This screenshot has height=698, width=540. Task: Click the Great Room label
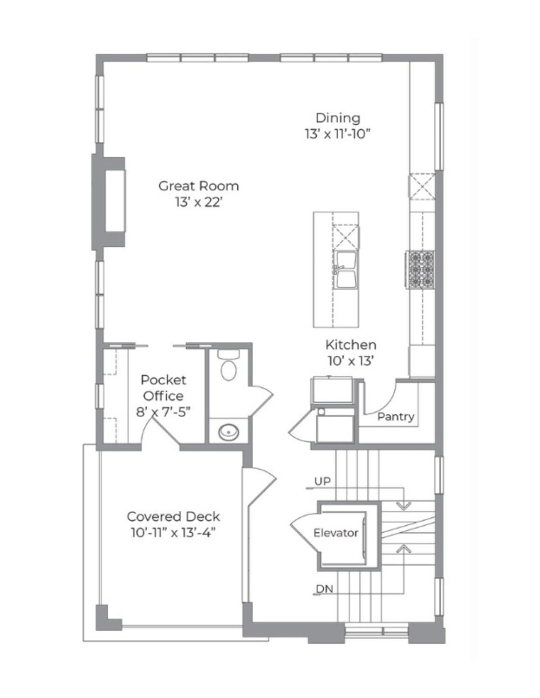(x=198, y=186)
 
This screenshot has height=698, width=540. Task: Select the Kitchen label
(x=351, y=345)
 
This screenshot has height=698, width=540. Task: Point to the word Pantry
(x=396, y=417)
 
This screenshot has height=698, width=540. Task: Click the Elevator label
(x=335, y=533)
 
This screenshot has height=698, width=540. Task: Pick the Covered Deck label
(x=173, y=516)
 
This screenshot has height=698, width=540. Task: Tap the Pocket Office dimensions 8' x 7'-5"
(x=163, y=412)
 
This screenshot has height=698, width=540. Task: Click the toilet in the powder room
(x=229, y=365)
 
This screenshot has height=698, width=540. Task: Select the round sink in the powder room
(x=229, y=432)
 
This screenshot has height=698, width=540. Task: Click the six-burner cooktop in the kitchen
(x=419, y=269)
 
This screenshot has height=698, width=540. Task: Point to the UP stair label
(x=322, y=481)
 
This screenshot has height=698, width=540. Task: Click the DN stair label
(x=324, y=589)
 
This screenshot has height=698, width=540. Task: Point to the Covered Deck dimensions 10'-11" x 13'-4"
(x=173, y=533)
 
